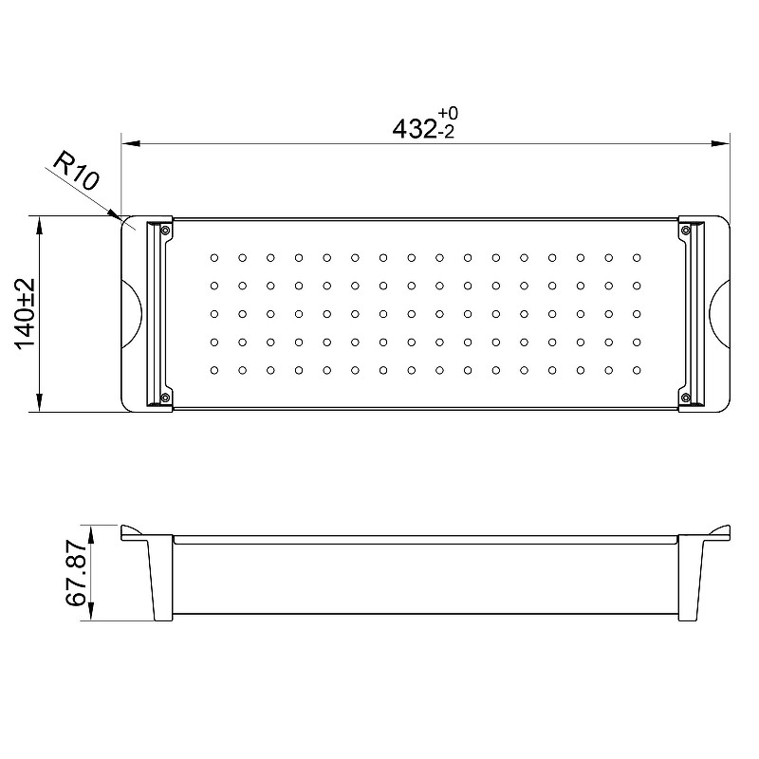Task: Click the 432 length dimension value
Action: click(x=414, y=129)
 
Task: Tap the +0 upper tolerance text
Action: click(x=448, y=113)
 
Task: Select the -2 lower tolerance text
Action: click(x=446, y=133)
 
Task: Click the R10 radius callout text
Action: click(x=76, y=171)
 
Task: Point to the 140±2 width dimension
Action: click(x=26, y=313)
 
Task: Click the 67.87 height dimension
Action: click(x=77, y=573)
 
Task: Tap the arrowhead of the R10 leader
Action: click(x=113, y=213)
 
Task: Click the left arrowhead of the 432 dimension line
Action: click(x=130, y=144)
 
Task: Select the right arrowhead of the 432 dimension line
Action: click(x=720, y=144)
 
